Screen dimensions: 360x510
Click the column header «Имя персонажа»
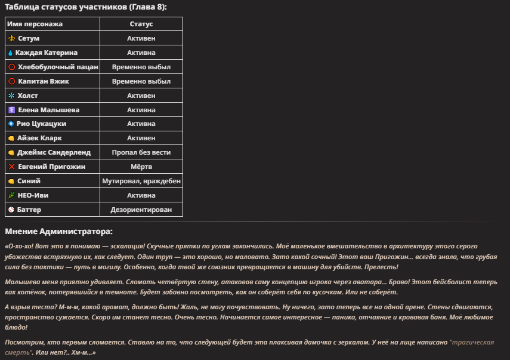(35, 24)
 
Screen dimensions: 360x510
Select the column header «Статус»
(141, 24)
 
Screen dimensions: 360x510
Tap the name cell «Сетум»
(29, 38)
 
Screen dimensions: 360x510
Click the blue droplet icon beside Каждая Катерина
(11, 53)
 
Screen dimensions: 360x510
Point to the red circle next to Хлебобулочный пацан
(11, 67)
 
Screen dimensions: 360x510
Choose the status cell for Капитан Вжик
(141, 81)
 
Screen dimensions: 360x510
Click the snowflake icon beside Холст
(11, 96)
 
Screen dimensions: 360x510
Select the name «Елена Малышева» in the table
(48, 110)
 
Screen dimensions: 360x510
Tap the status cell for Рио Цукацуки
(141, 124)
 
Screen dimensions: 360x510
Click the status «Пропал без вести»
(141, 152)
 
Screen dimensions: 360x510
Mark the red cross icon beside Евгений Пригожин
(11, 167)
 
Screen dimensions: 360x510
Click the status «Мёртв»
(141, 167)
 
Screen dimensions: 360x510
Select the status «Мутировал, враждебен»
(141, 181)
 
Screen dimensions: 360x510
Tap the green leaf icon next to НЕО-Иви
(11, 195)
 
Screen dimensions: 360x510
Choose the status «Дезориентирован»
(141, 210)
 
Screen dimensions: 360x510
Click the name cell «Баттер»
(29, 210)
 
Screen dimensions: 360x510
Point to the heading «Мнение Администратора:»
(58, 231)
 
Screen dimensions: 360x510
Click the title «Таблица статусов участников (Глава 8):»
(86, 7)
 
